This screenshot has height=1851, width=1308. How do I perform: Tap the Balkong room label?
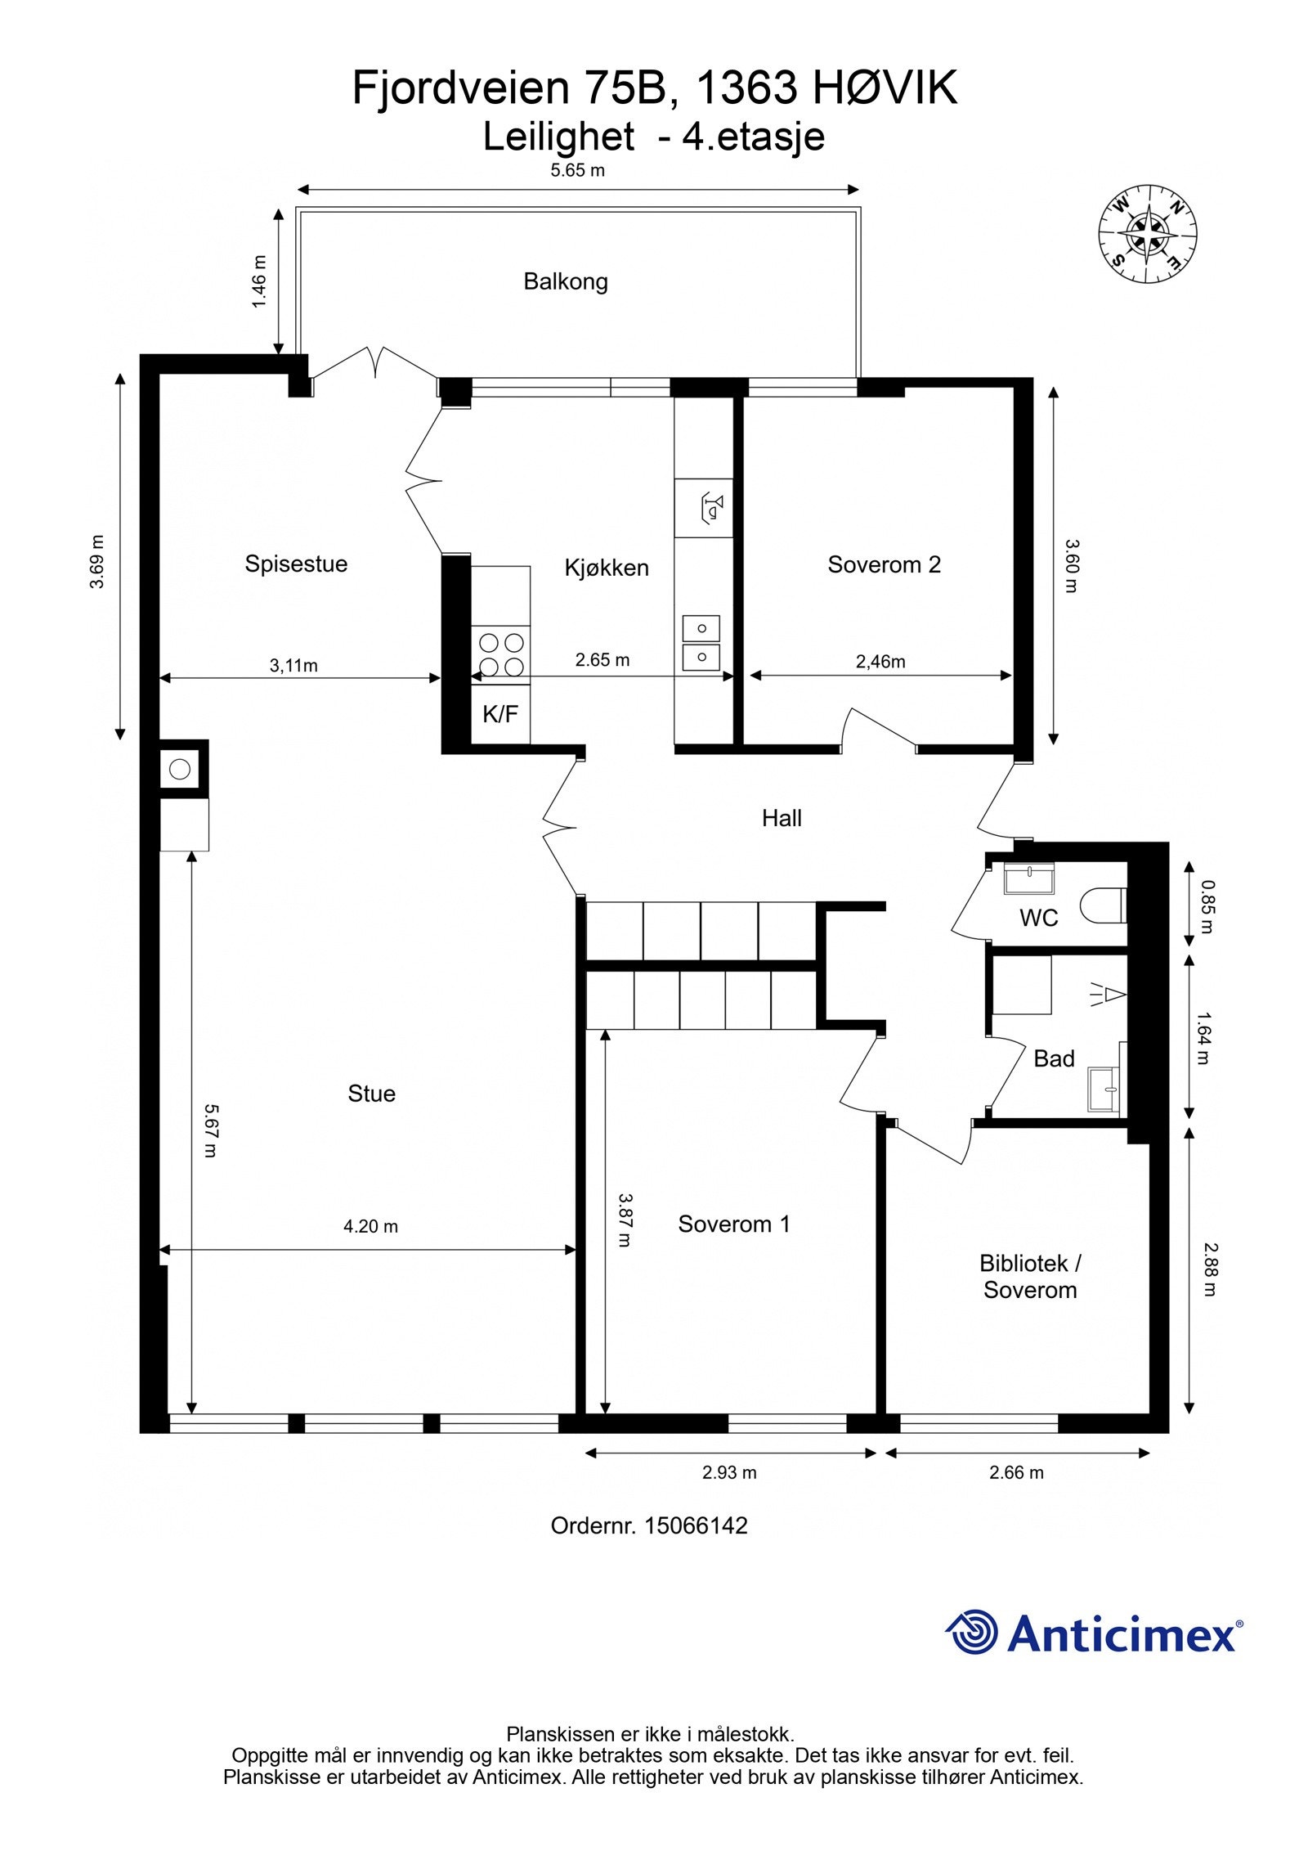tap(566, 282)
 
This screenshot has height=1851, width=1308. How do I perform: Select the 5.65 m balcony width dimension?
tap(577, 171)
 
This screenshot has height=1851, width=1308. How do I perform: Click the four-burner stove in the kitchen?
tap(500, 654)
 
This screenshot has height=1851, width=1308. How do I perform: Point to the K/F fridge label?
tap(500, 714)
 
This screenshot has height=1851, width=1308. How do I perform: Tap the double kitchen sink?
tap(701, 642)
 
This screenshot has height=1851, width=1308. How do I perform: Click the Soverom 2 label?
tap(884, 564)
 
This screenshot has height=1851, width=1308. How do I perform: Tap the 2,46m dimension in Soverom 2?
tap(880, 662)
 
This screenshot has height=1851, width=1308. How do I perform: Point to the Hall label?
tap(782, 818)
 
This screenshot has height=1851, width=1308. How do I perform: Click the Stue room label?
tap(371, 1094)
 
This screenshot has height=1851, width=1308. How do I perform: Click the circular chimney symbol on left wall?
tap(180, 769)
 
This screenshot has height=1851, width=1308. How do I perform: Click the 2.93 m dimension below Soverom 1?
tap(729, 1473)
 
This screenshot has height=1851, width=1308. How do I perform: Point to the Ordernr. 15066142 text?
tap(649, 1525)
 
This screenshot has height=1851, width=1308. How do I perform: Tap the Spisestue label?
tap(296, 564)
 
